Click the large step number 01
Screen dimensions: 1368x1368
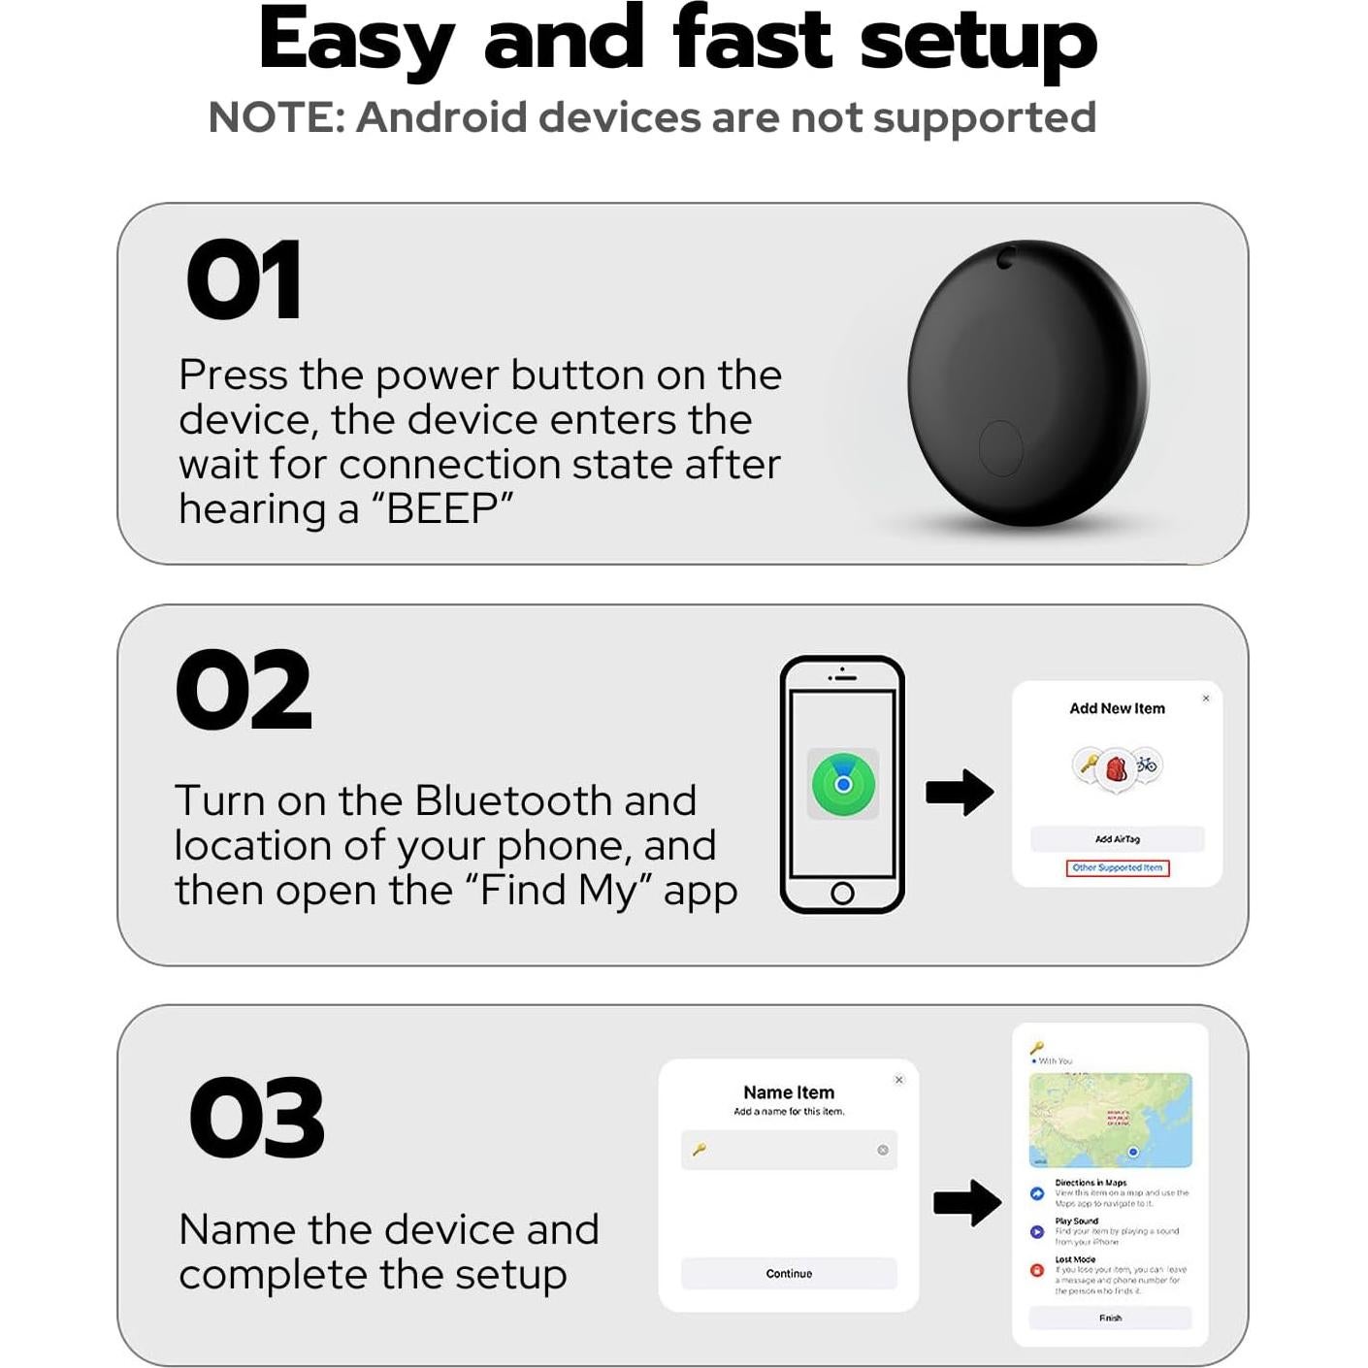[244, 280]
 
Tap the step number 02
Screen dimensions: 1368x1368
[244, 691]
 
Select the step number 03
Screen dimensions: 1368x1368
[256, 1119]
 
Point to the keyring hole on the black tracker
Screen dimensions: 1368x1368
[1007, 257]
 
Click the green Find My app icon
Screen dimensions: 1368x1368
[843, 784]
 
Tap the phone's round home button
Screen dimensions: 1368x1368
[842, 893]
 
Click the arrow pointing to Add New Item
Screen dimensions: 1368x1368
[959, 793]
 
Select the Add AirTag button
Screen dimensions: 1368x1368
[1118, 839]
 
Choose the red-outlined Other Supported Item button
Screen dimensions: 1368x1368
[1118, 868]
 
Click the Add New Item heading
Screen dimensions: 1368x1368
[1117, 709]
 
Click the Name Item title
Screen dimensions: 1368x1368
[789, 1092]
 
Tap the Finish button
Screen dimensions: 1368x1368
[1110, 1318]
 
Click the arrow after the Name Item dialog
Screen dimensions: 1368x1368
[966, 1203]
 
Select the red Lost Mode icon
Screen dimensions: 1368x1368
[1037, 1270]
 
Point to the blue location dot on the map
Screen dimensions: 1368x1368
[1132, 1152]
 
